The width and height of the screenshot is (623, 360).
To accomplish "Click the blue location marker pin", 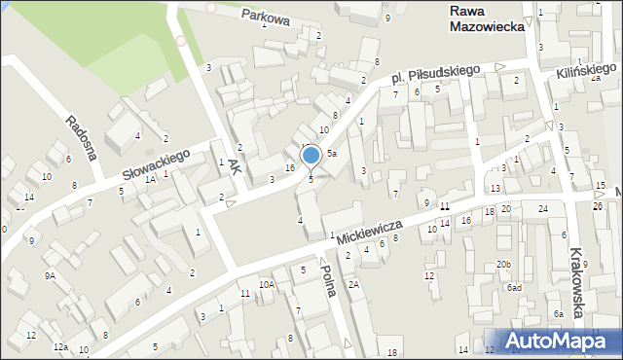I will (x=311, y=156).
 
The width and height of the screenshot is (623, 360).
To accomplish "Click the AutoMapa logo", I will (x=556, y=342).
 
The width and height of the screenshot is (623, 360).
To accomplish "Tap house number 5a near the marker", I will (x=332, y=154).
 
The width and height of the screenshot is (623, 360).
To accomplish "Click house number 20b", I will (x=502, y=264).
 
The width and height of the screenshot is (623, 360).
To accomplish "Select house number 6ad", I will (x=514, y=287).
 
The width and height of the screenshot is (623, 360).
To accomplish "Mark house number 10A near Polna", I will (x=266, y=285).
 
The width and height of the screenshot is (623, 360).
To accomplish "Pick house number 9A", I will (x=50, y=275).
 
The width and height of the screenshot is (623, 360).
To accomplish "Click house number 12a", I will (x=60, y=347).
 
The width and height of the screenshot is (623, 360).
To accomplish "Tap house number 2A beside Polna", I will (x=354, y=284).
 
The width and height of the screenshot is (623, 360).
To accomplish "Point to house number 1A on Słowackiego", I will (x=150, y=180).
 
